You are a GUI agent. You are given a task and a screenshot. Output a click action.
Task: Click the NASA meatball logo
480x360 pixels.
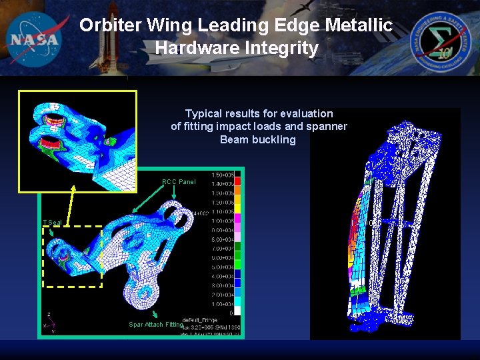[35, 39]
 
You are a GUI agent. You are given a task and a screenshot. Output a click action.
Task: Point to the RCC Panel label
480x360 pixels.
[179, 182]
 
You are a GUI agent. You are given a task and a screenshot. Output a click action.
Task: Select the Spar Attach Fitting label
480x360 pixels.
[155, 325]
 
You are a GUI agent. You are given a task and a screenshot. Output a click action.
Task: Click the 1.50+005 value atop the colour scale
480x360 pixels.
[222, 175]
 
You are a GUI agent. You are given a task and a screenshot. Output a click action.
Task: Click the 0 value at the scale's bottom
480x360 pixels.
[231, 313]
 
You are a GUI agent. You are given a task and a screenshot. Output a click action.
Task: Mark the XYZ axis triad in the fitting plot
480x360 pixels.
[49, 323]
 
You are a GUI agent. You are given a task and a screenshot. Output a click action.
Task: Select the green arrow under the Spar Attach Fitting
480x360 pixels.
[155, 313]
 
